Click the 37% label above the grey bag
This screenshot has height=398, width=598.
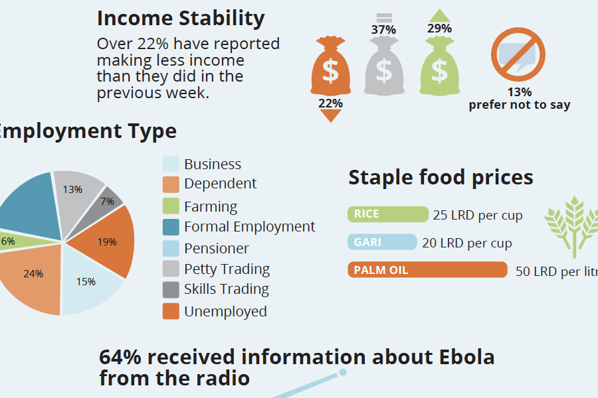pyautogui.click(x=383, y=30)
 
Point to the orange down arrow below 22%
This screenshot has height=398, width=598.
pyautogui.click(x=330, y=116)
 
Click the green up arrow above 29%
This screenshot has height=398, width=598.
pyautogui.click(x=439, y=15)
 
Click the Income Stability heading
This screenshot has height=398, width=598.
pyautogui.click(x=181, y=18)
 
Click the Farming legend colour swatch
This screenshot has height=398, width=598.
pyautogui.click(x=171, y=206)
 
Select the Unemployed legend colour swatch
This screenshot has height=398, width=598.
pyautogui.click(x=171, y=311)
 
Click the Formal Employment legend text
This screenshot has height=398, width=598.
pyautogui.click(x=249, y=226)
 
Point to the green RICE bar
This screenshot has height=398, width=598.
pyautogui.click(x=388, y=214)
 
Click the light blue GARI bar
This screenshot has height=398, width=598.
pyautogui.click(x=382, y=242)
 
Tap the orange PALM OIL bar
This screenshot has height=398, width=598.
pyautogui.click(x=427, y=270)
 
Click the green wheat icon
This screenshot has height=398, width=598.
pyautogui.click(x=569, y=226)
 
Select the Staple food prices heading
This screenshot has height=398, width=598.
pyautogui.click(x=441, y=177)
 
